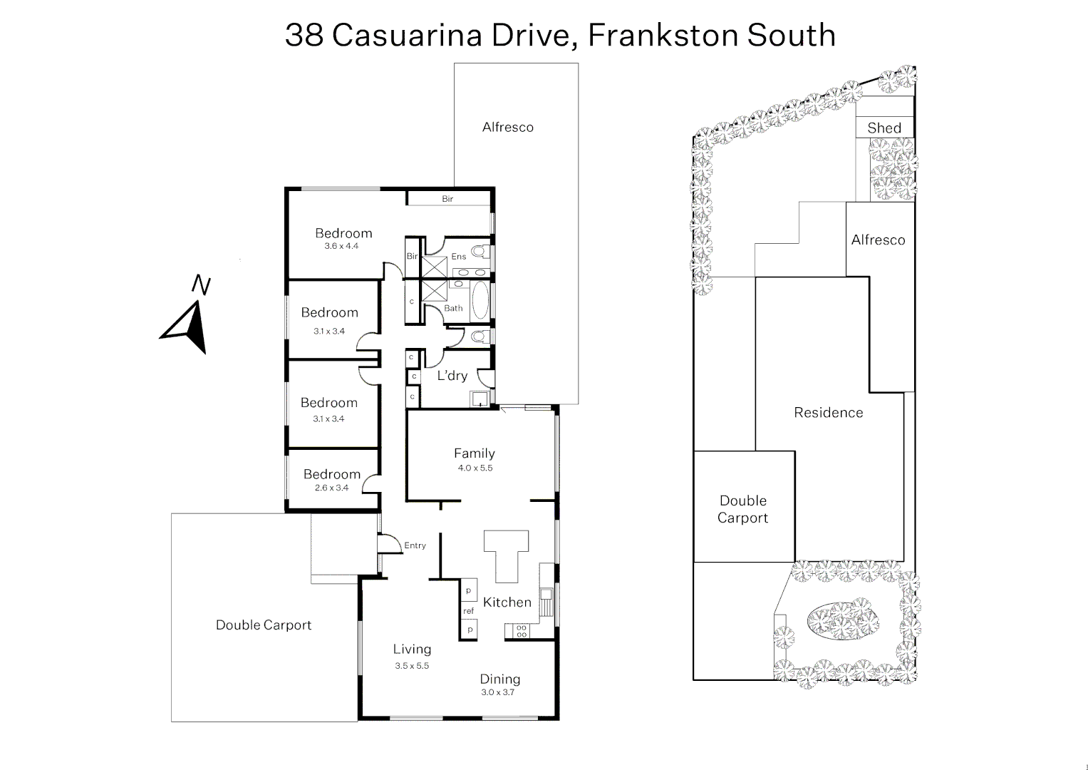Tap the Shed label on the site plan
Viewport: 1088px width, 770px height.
pyautogui.click(x=884, y=128)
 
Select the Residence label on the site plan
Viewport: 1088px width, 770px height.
pyautogui.click(x=828, y=413)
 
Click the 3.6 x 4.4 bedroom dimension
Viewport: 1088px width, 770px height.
pyautogui.click(x=341, y=246)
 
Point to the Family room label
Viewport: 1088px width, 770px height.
pyautogui.click(x=475, y=453)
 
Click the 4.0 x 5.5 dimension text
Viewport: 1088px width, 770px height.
pyautogui.click(x=475, y=468)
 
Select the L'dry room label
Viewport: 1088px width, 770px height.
pyautogui.click(x=452, y=376)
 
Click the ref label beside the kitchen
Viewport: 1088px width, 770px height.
pyautogui.click(x=468, y=611)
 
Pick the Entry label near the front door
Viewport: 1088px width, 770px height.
pyautogui.click(x=415, y=545)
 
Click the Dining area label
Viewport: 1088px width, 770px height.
pyautogui.click(x=500, y=679)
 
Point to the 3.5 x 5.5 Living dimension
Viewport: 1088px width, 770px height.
pyautogui.click(x=412, y=665)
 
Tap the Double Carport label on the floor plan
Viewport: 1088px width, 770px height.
pyautogui.click(x=264, y=625)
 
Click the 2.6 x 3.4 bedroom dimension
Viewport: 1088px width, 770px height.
pyautogui.click(x=331, y=488)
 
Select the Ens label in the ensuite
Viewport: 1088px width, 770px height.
pyautogui.click(x=458, y=257)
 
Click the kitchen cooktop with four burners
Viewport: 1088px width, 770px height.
pyautogui.click(x=522, y=630)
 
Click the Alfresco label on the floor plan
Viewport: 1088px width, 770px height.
pyautogui.click(x=507, y=128)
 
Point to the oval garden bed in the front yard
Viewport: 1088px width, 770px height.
pyautogui.click(x=841, y=619)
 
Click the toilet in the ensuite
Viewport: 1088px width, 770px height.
pyautogui.click(x=478, y=251)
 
